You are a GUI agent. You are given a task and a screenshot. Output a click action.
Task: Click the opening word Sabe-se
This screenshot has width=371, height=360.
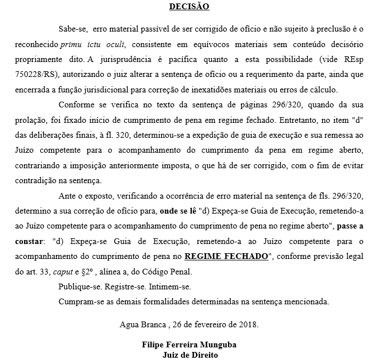72,28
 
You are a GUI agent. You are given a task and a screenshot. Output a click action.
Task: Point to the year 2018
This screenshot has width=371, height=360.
248,324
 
